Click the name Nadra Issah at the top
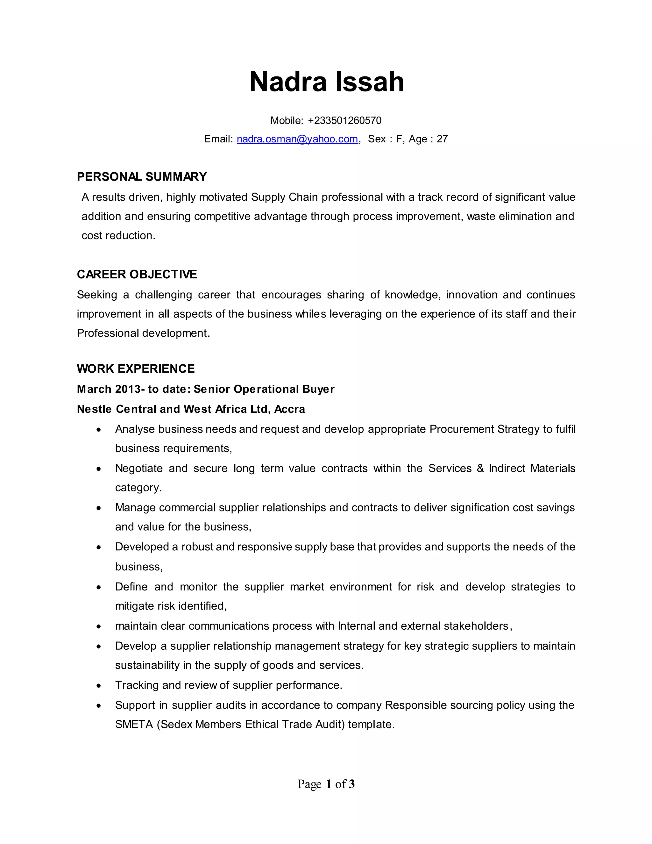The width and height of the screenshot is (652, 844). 326,82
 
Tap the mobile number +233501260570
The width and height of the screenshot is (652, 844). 344,121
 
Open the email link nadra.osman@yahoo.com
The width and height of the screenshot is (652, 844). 297,139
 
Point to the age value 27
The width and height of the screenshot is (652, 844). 442,139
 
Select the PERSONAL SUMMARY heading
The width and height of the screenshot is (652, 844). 142,177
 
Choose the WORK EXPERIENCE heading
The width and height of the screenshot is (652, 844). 136,369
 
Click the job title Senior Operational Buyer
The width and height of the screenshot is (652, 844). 264,389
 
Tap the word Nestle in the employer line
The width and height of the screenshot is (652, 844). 94,409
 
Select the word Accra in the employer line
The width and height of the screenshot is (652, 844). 289,409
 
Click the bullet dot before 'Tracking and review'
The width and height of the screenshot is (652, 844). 99,686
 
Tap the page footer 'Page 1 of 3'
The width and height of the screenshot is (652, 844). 326,784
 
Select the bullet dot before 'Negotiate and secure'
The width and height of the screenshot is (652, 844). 99,469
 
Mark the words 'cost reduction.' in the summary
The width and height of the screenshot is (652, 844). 118,235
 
